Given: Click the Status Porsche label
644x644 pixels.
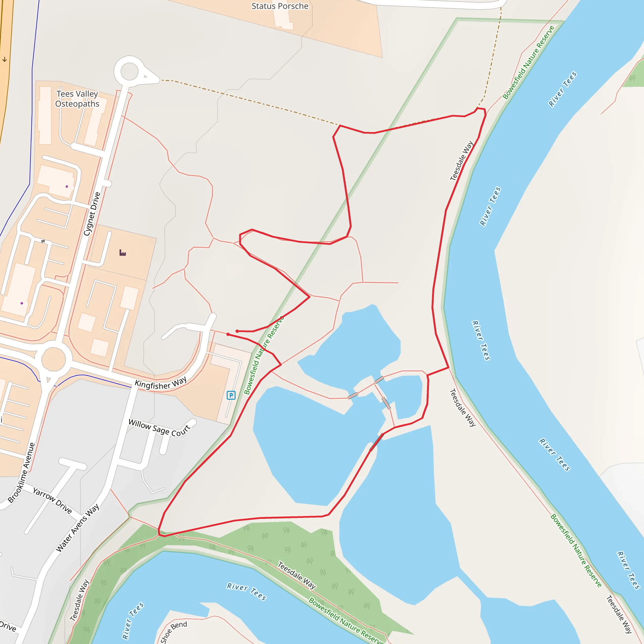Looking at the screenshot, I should (x=280, y=6).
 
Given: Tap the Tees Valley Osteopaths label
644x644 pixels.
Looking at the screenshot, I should (x=77, y=99).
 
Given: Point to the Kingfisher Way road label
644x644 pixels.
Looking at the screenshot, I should (x=161, y=384).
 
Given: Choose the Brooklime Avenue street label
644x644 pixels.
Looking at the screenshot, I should (x=22, y=472).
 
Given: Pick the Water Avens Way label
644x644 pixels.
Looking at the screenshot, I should (x=77, y=527).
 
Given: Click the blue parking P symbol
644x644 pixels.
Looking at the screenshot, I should (x=231, y=395).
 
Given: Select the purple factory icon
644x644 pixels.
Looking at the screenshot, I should (x=123, y=253).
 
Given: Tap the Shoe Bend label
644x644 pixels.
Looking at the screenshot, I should (x=173, y=631).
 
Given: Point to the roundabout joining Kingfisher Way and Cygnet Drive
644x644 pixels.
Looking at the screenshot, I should (x=53, y=359).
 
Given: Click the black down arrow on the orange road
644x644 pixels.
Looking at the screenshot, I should (x=5, y=60).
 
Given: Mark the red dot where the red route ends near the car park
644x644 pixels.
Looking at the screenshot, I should (x=228, y=334).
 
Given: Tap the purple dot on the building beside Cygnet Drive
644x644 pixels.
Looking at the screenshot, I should (x=67, y=187).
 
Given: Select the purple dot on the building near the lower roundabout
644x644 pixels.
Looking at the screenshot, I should (x=22, y=303).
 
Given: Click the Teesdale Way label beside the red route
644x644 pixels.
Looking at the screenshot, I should (x=462, y=161).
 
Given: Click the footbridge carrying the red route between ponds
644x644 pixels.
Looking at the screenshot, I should (x=376, y=442).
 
